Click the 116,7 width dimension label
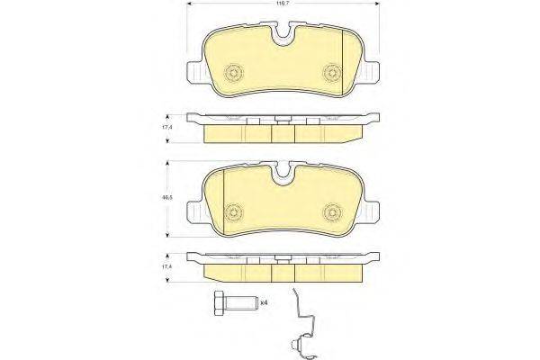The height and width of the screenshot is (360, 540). click(283, 5)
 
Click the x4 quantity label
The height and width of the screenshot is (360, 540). click(264, 303)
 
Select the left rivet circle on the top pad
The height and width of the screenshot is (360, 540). click(235, 72)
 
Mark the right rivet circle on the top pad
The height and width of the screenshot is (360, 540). click(332, 72)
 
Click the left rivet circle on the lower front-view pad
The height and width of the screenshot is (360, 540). click(235, 211)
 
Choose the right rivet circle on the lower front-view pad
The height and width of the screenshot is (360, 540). click(332, 211)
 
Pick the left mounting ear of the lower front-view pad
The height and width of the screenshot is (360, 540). click(193, 211)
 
